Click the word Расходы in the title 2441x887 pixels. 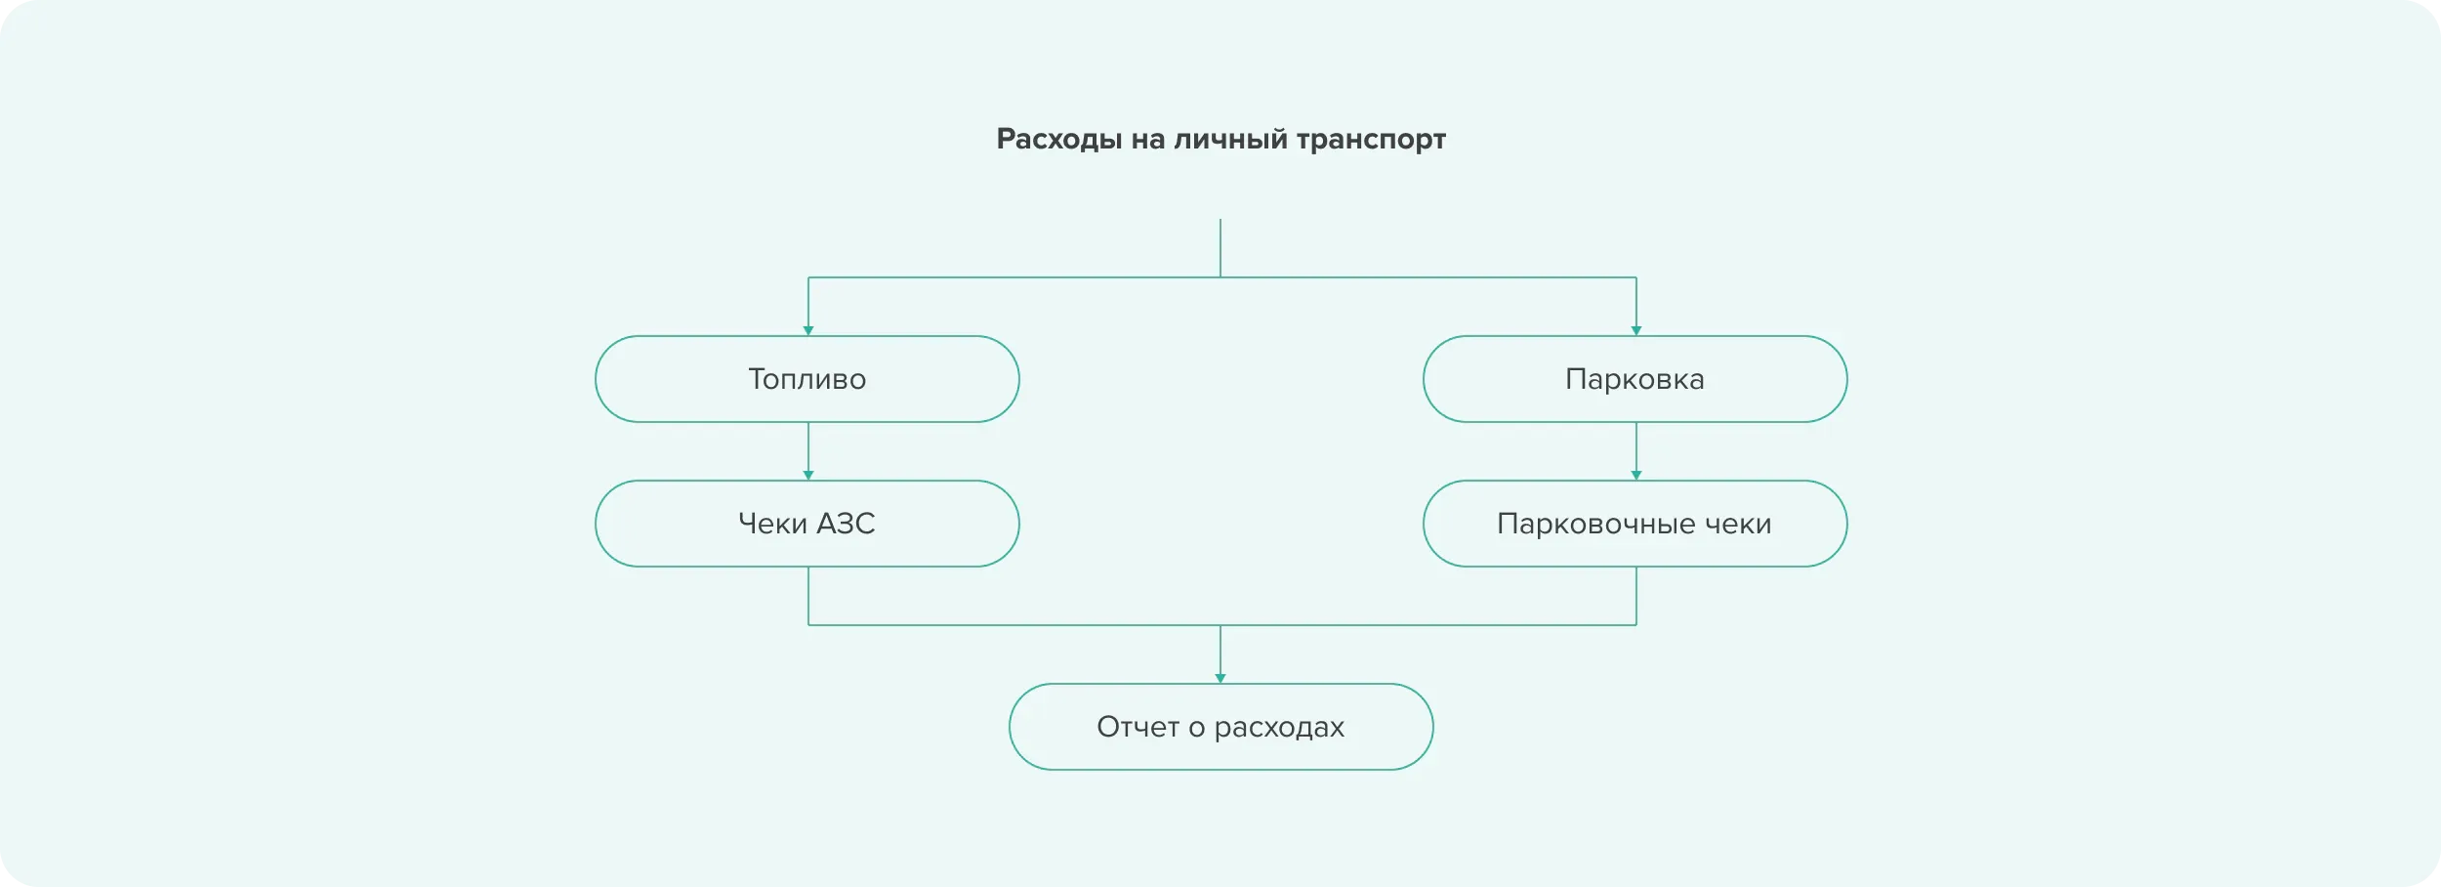click(x=1059, y=140)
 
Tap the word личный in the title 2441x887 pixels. click(x=1231, y=140)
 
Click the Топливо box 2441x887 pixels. click(x=807, y=379)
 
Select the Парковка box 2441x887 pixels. click(x=1635, y=379)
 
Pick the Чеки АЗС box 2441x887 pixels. click(x=807, y=524)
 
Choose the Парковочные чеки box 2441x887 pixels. click(x=1635, y=524)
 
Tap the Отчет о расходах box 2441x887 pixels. click(x=1221, y=727)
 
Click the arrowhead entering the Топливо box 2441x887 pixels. click(x=808, y=331)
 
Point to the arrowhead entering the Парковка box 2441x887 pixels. click(x=1636, y=331)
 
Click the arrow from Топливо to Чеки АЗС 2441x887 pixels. click(x=808, y=451)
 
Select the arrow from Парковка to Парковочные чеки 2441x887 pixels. click(x=1636, y=451)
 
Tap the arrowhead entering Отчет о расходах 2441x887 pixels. click(x=1220, y=679)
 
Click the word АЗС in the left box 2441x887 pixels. click(x=846, y=524)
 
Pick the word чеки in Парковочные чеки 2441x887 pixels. click(x=1738, y=525)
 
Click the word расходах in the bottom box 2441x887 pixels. click(x=1279, y=729)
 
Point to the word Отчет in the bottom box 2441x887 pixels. click(x=1138, y=727)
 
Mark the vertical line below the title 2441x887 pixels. click(x=1220, y=248)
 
